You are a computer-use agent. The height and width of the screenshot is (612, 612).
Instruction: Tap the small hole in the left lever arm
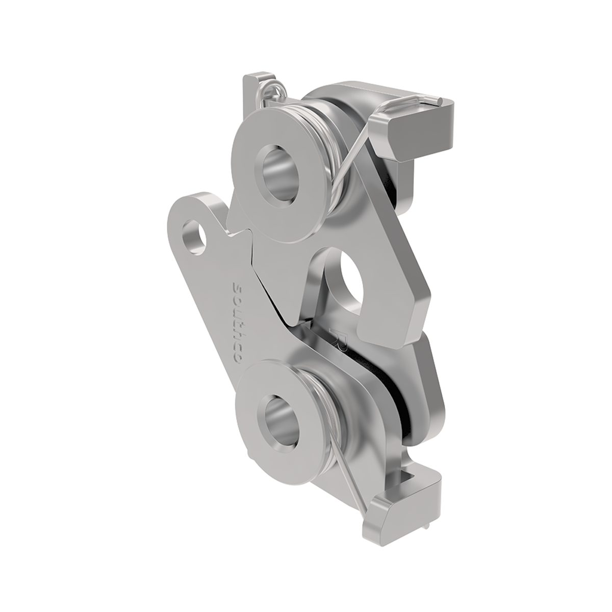click(195, 236)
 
